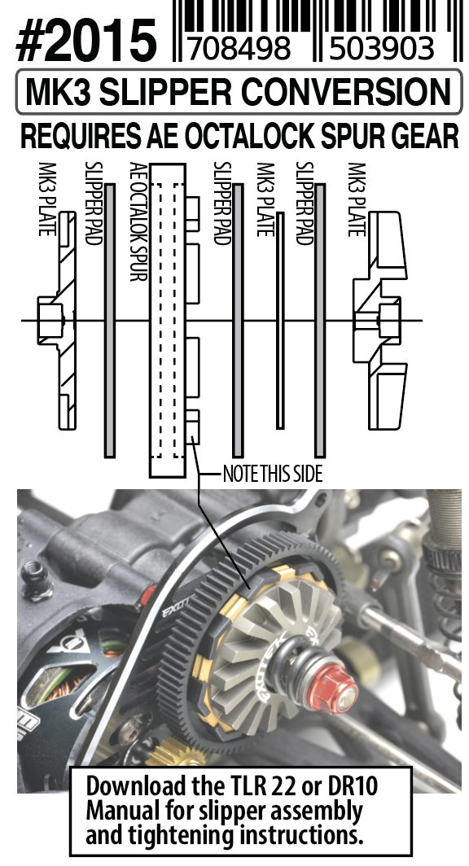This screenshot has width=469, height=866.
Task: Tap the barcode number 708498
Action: tap(239, 48)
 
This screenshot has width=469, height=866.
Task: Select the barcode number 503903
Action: tap(382, 48)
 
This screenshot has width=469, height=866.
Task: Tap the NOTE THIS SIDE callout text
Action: tap(272, 474)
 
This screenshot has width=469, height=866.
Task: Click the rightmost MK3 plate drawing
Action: tap(380, 321)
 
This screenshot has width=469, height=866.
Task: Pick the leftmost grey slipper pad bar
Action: tap(110, 321)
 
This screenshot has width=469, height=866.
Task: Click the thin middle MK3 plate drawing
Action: tap(280, 321)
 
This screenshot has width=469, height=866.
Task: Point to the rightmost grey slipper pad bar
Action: tap(320, 321)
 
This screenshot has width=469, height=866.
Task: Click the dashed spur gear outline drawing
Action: tap(168, 321)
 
